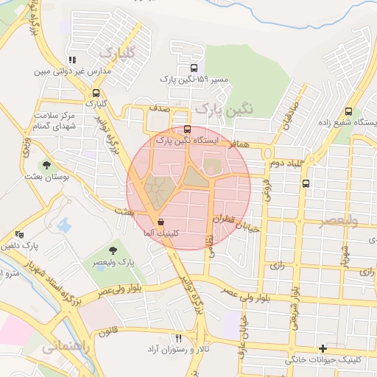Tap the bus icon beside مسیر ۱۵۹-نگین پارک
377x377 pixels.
pos(194,68)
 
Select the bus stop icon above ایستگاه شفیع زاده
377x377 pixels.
pos(348,113)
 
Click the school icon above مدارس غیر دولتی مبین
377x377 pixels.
pos(71,61)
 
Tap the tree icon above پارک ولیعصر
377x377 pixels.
pos(112,250)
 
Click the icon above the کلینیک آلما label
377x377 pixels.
pos(161,222)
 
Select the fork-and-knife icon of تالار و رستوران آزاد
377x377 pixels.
pos(177,337)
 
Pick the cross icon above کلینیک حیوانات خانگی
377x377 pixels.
pos(323,348)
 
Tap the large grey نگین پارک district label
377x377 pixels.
pos(225,108)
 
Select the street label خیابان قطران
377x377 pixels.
pos(236,224)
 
